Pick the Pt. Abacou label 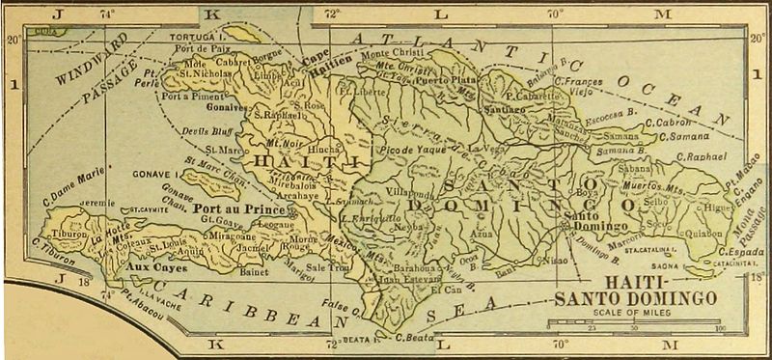click(146, 299)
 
